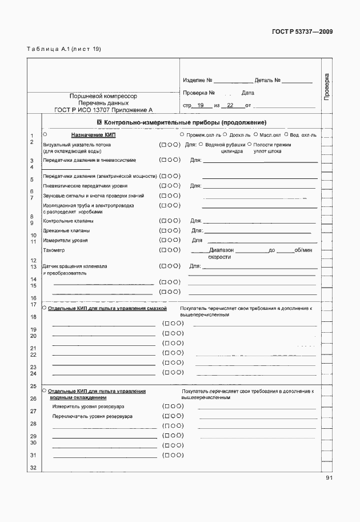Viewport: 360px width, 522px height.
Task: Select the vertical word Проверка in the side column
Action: click(326, 87)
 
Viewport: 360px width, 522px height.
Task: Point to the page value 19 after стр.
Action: click(200, 105)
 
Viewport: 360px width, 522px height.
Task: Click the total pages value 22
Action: click(230, 105)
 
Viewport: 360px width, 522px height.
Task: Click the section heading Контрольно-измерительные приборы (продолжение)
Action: click(181, 122)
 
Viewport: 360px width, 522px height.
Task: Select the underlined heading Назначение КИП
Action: click(93, 135)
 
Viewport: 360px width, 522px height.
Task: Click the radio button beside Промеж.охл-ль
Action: click(182, 135)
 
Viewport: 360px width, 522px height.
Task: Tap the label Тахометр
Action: click(54, 250)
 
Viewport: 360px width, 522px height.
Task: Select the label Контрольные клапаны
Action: click(68, 221)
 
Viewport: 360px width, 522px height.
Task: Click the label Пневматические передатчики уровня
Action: click(85, 186)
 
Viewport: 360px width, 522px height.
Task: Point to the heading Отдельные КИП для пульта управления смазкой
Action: click(107, 308)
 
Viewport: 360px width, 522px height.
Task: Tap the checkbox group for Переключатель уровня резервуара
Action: click(173, 416)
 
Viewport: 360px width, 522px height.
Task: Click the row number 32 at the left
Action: click(33, 468)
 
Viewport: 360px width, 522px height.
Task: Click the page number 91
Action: click(329, 478)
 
